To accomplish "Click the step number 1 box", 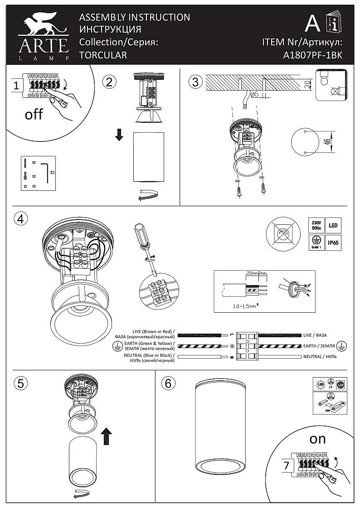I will (16, 85).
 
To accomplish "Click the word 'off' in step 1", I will (34, 114).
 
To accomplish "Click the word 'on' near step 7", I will (317, 439).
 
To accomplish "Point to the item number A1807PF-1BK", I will (312, 55).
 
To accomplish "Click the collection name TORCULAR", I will (103, 55).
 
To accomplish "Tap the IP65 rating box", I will (332, 242).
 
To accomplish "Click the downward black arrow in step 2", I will (119, 135).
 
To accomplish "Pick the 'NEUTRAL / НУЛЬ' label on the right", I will (320, 357).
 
